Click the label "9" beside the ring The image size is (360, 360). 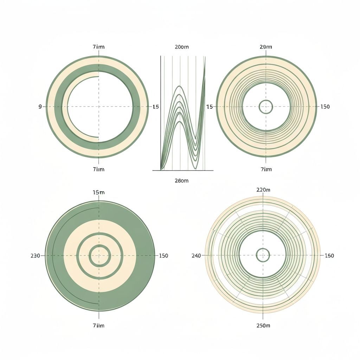pyautogui.click(x=40, y=107)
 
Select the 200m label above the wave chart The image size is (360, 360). pyautogui.click(x=181, y=47)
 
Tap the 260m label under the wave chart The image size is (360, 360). pyautogui.click(x=181, y=181)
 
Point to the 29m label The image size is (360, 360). pyautogui.click(x=266, y=47)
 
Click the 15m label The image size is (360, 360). pyautogui.click(x=98, y=192)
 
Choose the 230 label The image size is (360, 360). pyautogui.click(x=35, y=256)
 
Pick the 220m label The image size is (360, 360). pyautogui.click(x=263, y=189)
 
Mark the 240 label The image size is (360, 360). pyautogui.click(x=196, y=256)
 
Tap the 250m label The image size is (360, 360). pyautogui.click(x=263, y=326)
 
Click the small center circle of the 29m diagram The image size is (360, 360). pyautogui.click(x=266, y=107)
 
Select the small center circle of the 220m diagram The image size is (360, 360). pyautogui.click(x=263, y=255)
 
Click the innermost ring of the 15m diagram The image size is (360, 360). pyautogui.click(x=99, y=256)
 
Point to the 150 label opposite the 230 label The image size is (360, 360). pyautogui.click(x=163, y=256)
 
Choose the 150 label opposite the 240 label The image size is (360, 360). pyautogui.click(x=329, y=256)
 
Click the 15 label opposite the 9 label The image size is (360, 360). pyautogui.click(x=156, y=107)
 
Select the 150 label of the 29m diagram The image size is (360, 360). pyautogui.click(x=325, y=107)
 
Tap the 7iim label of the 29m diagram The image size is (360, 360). pyautogui.click(x=266, y=169)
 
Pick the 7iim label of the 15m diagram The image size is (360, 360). pyautogui.click(x=98, y=326)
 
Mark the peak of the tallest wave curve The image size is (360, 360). pyautogui.click(x=180, y=86)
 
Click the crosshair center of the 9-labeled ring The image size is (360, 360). pyautogui.click(x=99, y=107)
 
